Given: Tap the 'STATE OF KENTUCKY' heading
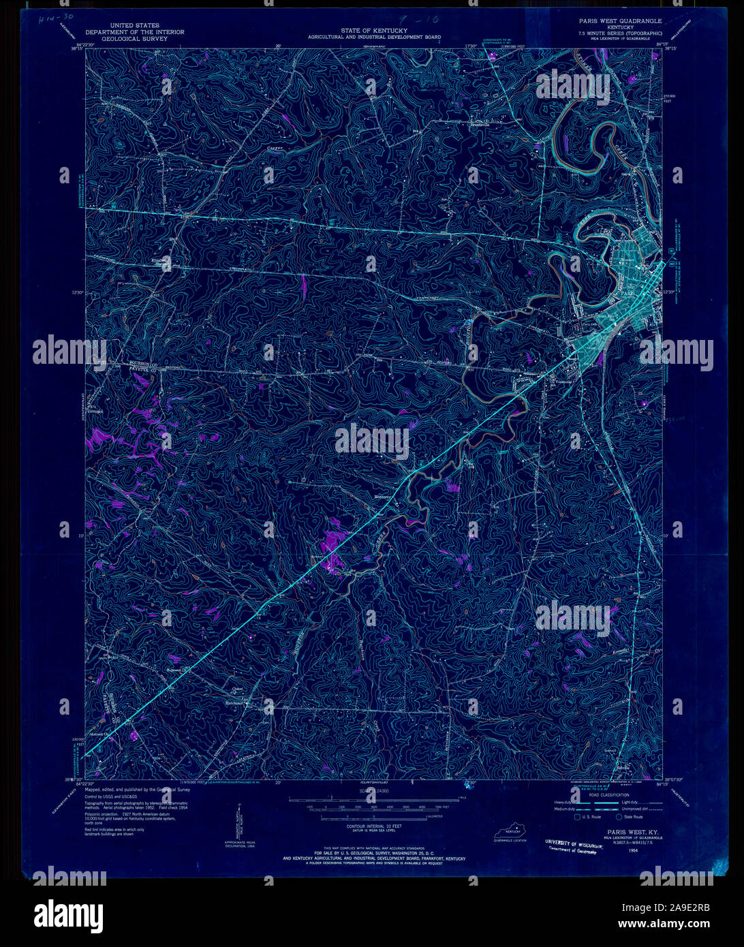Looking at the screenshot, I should coord(374,31).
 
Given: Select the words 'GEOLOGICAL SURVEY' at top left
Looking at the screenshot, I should coord(121,40).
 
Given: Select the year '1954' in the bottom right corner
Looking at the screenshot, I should coord(633,851).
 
